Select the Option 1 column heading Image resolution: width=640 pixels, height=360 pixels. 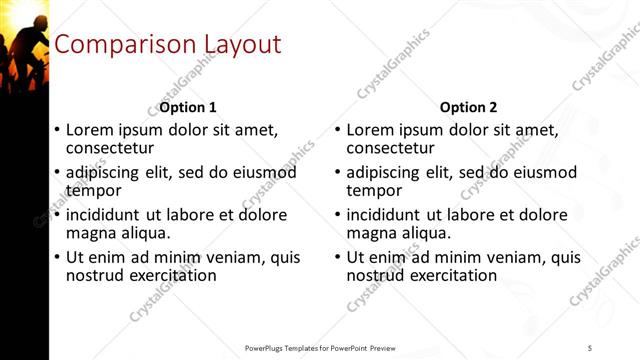tap(188, 107)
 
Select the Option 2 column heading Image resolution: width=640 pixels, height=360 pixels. tap(468, 107)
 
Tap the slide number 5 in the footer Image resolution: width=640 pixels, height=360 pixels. tap(590, 347)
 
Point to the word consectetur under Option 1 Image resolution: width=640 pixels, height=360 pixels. tap(110, 148)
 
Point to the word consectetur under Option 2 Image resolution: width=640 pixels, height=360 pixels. tap(390, 148)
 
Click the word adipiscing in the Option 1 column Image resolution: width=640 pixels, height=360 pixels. tap(105, 173)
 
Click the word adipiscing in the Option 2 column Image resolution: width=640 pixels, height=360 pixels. tap(385, 173)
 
